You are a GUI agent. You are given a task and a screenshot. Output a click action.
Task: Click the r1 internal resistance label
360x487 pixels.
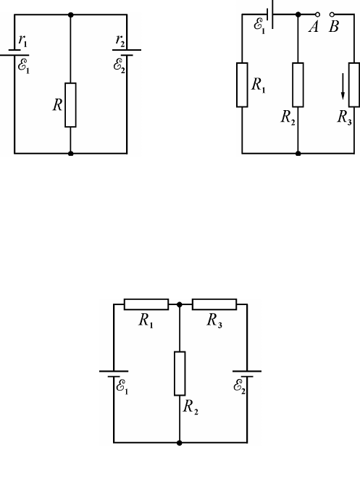pos(23,41)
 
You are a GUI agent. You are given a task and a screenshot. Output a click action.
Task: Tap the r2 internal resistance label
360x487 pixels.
pos(120,41)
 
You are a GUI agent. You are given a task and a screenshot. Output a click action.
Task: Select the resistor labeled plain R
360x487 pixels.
pos(70,105)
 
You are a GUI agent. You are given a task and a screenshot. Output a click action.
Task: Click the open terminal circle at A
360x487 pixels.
pos(317,14)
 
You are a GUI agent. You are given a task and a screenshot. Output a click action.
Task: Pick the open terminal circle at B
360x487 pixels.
pos(332,14)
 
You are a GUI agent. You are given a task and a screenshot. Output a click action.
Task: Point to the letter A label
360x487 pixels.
pos(314,27)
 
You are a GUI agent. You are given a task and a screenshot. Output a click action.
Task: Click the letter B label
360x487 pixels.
pos(334,27)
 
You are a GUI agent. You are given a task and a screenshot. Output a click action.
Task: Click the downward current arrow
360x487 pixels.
pos(343,86)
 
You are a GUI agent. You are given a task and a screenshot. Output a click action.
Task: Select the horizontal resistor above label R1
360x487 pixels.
pos(146,304)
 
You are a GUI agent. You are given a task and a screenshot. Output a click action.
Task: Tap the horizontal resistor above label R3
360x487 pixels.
pos(214,304)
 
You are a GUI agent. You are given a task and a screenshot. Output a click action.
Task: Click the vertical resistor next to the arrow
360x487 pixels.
pos(354,85)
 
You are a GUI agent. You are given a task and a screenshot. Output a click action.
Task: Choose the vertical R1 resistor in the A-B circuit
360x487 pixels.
pos(242,85)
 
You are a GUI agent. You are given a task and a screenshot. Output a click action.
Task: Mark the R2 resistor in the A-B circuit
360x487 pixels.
pos(298,85)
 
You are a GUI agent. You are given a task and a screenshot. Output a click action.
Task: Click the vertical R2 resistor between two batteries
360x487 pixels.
pos(180,373)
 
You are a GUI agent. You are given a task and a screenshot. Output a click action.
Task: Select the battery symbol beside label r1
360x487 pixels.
pos(14,52)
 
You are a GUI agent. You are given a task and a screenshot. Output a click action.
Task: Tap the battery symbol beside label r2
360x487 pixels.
pos(127,52)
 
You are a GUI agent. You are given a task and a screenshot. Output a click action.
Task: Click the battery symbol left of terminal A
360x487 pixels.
pos(270,14)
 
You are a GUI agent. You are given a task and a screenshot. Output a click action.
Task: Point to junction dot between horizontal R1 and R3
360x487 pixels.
pos(179,304)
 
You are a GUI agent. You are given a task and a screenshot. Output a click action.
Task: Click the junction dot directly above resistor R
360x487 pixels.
pos(71,14)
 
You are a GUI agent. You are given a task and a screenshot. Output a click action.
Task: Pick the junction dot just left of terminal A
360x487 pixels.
pos(298,14)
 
